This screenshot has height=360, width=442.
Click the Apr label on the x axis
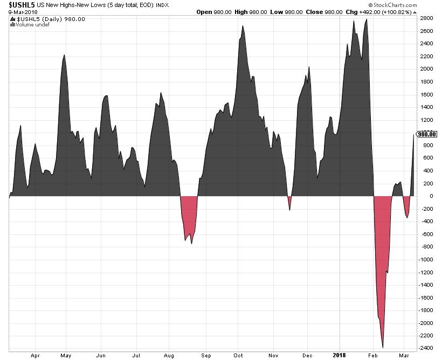pos(36,355)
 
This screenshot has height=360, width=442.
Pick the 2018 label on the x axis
pos(339,355)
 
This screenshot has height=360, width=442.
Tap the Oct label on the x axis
pos(238,355)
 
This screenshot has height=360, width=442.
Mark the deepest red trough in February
pos(383,347)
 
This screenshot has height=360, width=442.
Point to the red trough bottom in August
pos(191,243)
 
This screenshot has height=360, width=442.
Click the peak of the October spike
pos(243,26)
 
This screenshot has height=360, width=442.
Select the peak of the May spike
pos(64,55)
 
